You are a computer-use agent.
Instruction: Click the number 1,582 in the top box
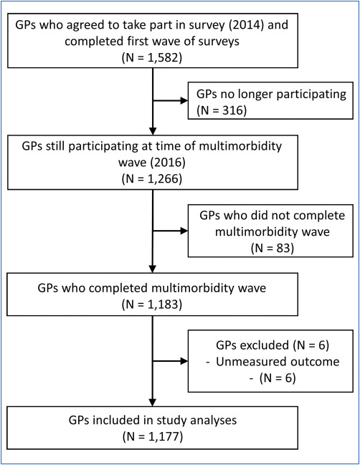163,57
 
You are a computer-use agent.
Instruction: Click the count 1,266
163,179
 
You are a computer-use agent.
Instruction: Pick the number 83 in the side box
283,248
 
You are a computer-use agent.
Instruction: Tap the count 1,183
163,305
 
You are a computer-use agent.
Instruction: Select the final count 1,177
164,436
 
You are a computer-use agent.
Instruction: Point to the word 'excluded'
265,345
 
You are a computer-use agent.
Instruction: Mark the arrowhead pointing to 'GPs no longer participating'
184,101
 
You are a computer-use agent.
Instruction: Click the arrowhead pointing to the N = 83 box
184,231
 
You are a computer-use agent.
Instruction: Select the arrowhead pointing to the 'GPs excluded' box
184,361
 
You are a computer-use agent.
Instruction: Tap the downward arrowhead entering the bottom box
153,403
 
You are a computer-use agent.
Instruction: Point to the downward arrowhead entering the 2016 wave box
153,131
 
